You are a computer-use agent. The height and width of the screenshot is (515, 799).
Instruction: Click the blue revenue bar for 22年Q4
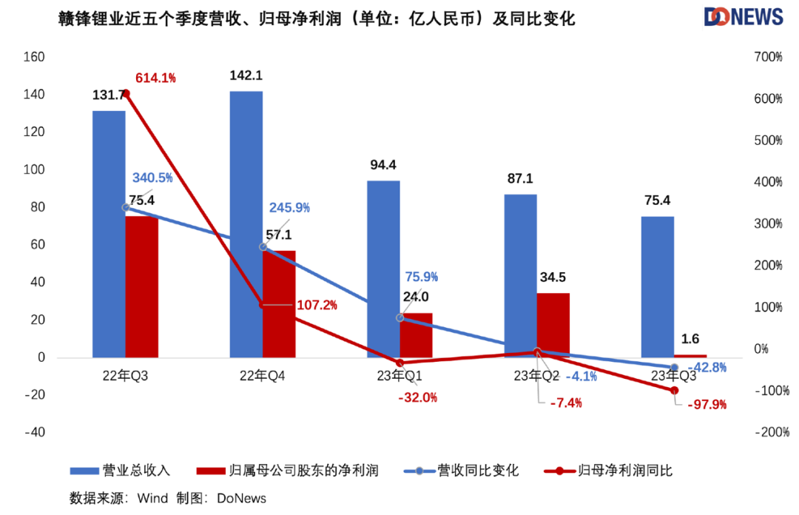(x=246, y=222)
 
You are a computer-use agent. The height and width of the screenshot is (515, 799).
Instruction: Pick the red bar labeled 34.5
(x=553, y=325)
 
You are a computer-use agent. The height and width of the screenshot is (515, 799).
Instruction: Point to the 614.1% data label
(x=155, y=78)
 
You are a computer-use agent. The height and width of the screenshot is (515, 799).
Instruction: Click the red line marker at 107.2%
(x=263, y=304)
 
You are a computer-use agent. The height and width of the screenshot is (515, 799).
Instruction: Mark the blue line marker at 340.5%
(x=126, y=207)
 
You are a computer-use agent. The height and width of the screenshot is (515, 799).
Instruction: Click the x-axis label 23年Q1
(x=400, y=377)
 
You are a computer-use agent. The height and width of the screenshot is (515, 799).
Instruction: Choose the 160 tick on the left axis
(x=35, y=57)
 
